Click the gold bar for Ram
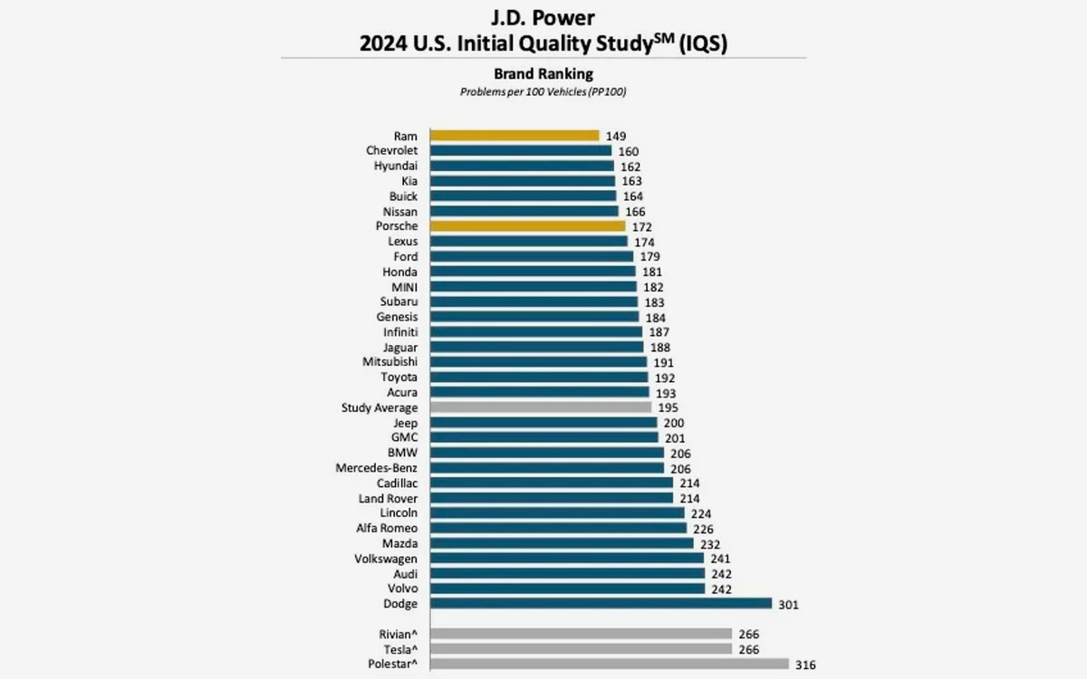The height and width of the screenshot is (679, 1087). [x=515, y=136]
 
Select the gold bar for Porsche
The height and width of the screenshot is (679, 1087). [x=527, y=226]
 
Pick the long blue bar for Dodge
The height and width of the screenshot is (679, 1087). [x=601, y=603]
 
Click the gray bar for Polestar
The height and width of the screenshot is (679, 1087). [x=609, y=665]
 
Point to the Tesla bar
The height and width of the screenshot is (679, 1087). [x=581, y=649]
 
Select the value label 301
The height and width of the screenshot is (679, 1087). [x=787, y=604]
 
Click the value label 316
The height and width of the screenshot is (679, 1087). [x=804, y=665]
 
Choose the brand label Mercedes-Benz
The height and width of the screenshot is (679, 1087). [x=376, y=468]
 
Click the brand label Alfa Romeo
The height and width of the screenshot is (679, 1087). [x=387, y=528]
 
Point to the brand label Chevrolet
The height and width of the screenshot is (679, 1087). [x=391, y=150]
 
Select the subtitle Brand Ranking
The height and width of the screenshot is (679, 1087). [x=543, y=74]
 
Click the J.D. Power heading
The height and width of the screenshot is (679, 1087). [x=543, y=16]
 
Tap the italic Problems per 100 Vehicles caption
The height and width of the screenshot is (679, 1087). [x=543, y=91]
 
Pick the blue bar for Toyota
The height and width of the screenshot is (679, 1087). [x=539, y=377]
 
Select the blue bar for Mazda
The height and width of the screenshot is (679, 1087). [x=562, y=543]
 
